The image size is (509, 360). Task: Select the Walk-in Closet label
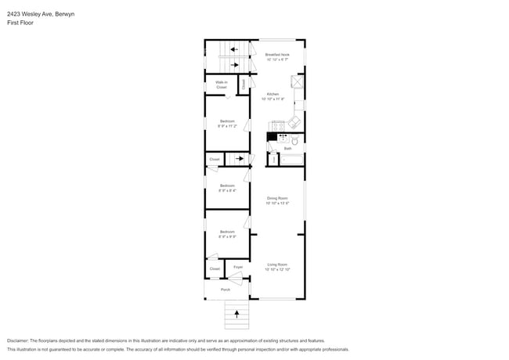[x=222, y=84]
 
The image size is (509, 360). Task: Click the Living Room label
[x=277, y=267]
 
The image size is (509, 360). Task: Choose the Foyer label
[x=238, y=267]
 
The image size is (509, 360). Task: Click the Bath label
[x=287, y=148]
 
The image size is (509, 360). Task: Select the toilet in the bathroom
[x=296, y=141]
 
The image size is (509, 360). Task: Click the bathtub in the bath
[x=292, y=160]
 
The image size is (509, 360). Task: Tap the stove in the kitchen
[x=276, y=125]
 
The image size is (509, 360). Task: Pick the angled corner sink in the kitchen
[x=295, y=122]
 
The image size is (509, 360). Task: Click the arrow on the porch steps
[x=236, y=315]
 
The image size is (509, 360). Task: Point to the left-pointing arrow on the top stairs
[x=233, y=49]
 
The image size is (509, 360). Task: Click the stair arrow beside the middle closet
[x=240, y=159]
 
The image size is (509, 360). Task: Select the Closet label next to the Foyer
[x=215, y=269]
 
